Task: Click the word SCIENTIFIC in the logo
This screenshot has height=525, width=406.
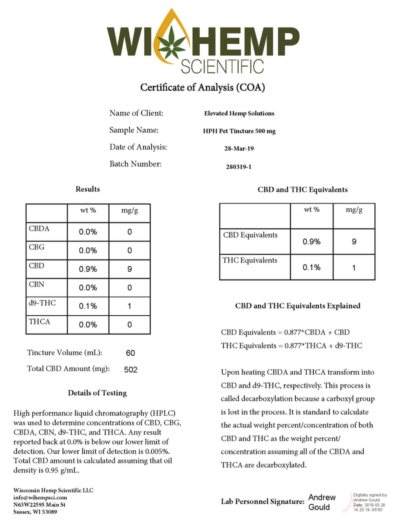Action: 222,67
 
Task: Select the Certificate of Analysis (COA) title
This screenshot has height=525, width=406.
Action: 203,87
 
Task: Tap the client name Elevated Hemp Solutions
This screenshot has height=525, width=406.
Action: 239,114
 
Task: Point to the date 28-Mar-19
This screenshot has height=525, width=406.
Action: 239,149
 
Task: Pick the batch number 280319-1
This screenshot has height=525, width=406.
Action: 239,167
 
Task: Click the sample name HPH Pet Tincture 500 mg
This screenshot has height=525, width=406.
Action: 239,131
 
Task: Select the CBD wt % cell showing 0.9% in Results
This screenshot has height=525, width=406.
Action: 88,269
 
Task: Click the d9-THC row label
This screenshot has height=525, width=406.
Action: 42,303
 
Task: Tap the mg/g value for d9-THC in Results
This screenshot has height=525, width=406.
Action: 129,306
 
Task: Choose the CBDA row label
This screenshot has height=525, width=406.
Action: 39,229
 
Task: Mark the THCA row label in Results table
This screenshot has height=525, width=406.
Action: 40,322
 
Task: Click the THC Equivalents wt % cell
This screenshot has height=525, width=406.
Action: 311,268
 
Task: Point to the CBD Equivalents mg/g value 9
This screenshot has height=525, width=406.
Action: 354,242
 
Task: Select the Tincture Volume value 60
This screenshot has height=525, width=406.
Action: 130,353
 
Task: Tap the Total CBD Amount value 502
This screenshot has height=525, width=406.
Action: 131,370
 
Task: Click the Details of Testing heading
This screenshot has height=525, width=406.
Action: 97,393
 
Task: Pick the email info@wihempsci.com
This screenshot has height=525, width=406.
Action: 40,497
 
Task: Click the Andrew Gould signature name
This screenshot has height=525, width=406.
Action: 322,502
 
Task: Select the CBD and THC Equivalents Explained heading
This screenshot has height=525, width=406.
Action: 298,306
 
